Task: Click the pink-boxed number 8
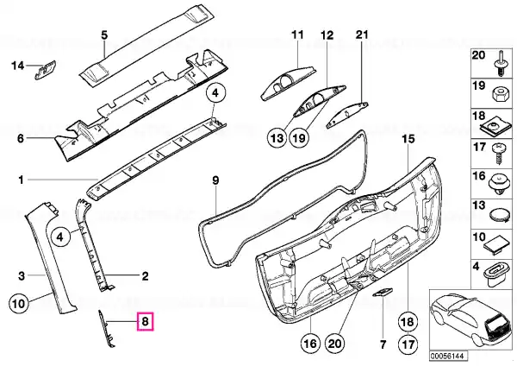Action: point(146,321)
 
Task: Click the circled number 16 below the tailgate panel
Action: point(311,344)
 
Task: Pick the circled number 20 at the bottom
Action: point(334,344)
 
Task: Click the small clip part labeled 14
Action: point(46,70)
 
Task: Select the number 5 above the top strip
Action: point(104,35)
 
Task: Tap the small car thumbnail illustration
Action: point(471,320)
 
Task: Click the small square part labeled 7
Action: point(382,293)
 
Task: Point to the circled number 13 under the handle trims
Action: point(277,137)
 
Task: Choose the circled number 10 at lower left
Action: point(19,303)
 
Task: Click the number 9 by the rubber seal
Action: point(215,180)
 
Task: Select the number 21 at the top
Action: point(361,35)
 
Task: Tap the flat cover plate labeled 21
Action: point(347,115)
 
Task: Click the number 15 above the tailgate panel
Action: point(408,138)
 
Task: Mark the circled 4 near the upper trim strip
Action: point(215,93)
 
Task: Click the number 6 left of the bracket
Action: point(21,138)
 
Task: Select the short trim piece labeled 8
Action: point(105,328)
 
